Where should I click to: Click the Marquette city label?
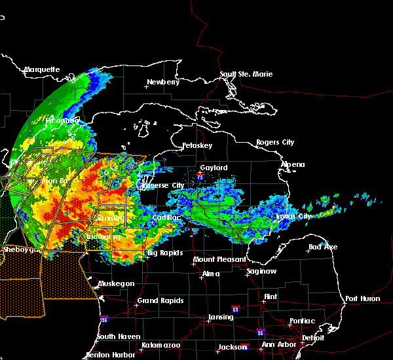42,69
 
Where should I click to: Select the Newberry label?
162,82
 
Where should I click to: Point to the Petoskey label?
198,145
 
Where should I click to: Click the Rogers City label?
275,142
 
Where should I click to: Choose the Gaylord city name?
214,168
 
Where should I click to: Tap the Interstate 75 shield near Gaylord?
199,175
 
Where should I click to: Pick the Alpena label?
293,164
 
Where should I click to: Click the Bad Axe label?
322,247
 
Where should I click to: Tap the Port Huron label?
362,298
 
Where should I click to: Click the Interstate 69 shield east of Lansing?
235,308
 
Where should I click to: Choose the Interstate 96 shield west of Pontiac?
261,332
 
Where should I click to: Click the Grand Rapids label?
160,301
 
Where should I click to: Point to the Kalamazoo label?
160,345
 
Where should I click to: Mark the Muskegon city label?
117,283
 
